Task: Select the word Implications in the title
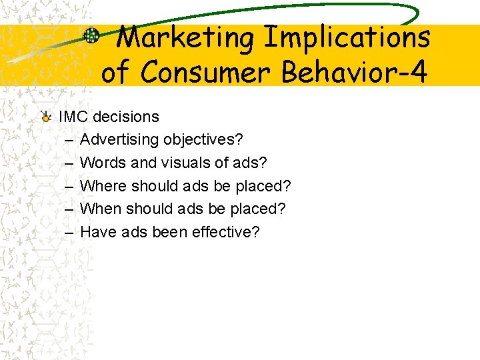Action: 347,37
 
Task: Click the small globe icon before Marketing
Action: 92,36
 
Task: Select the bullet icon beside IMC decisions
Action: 45,117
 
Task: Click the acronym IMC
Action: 74,117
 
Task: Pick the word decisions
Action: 126,117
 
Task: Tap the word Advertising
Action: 119,140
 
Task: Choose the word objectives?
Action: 203,140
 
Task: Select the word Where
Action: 103,186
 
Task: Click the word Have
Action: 98,232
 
